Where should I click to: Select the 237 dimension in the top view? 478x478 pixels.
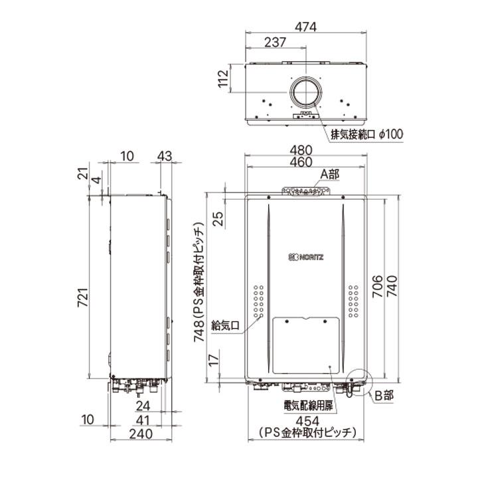276,42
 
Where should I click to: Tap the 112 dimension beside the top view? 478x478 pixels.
224,83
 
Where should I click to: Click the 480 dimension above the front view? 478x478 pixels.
307,149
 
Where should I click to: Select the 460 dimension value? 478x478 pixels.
307,163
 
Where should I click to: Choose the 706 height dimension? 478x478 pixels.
376,286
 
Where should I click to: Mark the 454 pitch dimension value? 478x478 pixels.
307,421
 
